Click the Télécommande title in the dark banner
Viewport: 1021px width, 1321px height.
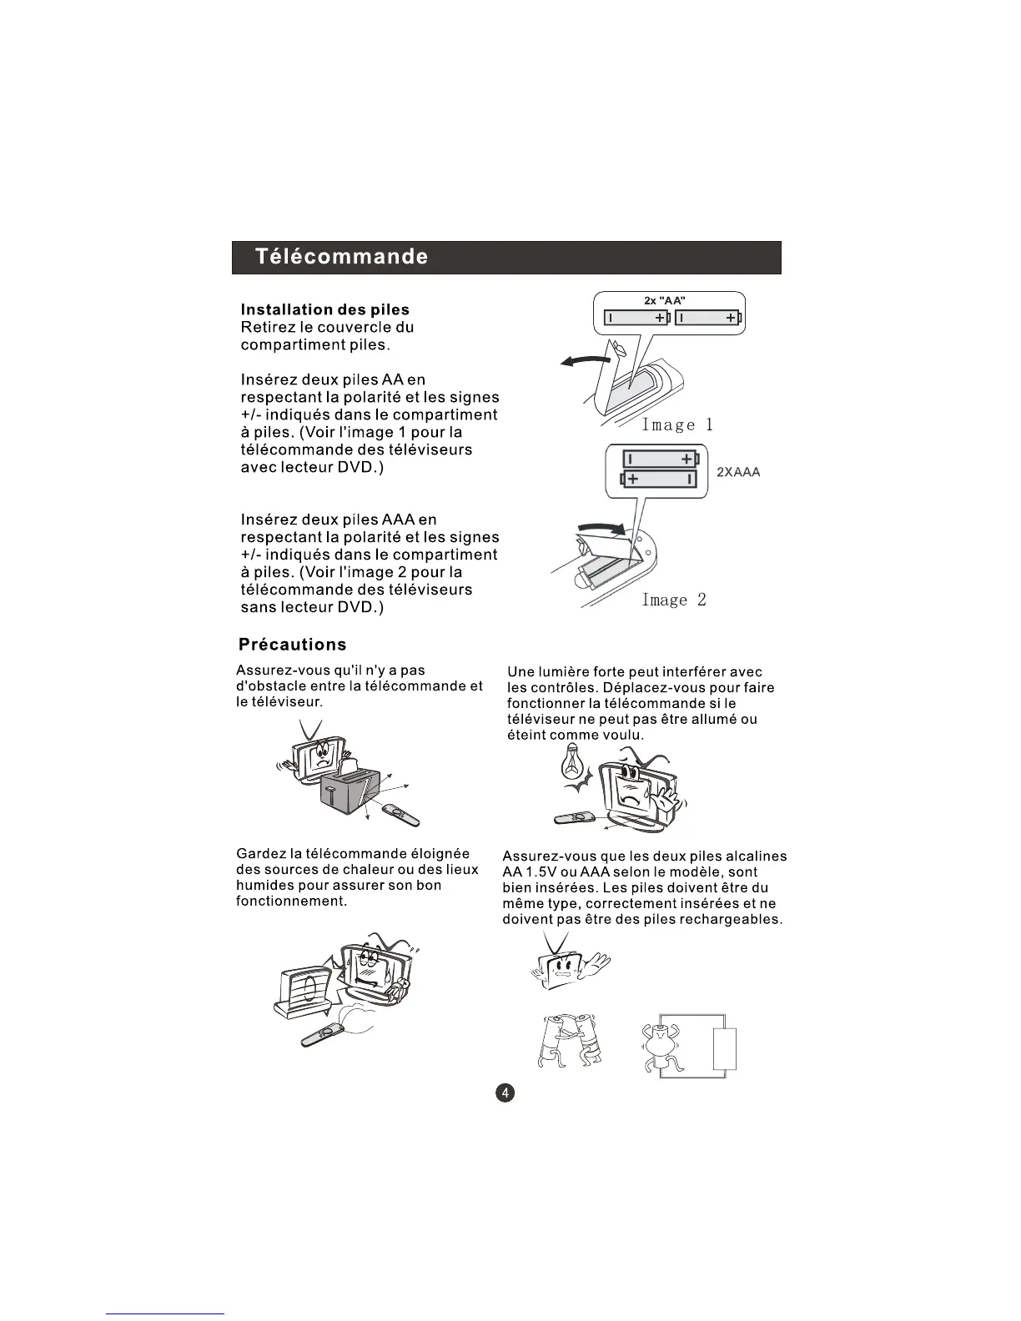(x=342, y=257)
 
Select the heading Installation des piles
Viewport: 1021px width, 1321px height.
(x=324, y=310)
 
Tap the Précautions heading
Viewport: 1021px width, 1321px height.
(x=292, y=645)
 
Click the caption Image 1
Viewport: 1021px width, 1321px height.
(x=677, y=424)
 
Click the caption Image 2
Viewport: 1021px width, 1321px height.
(x=674, y=600)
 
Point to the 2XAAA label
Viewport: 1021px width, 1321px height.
(x=738, y=472)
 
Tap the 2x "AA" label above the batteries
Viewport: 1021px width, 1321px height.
(x=665, y=301)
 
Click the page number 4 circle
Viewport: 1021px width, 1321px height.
(x=505, y=1092)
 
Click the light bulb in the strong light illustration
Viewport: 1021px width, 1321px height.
(x=572, y=761)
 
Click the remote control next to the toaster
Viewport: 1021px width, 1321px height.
(x=401, y=814)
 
